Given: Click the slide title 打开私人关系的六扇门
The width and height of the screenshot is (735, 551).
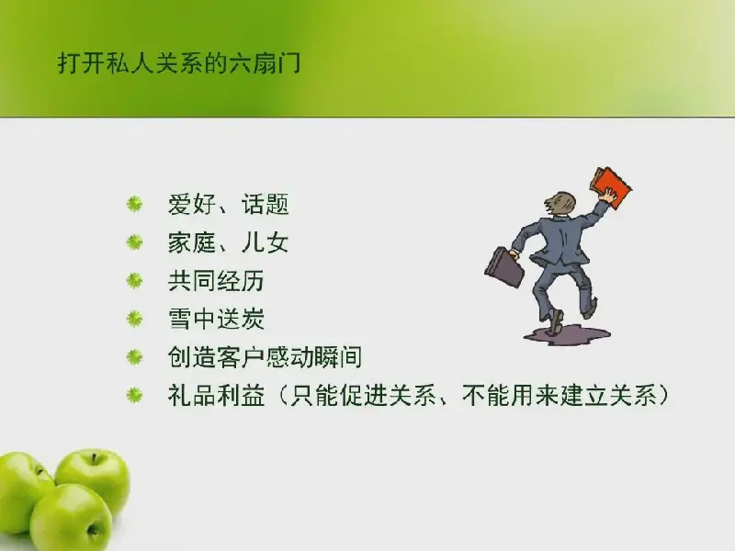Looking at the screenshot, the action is pos(178,63).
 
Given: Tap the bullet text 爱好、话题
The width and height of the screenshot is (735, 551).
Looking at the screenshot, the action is pos(228,204).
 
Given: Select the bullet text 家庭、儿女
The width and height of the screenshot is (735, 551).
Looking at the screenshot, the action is pos(228,242).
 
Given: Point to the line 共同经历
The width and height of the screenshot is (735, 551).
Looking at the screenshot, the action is pos(216,281).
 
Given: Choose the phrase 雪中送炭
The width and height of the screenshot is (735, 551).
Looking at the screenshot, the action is pos(216,319).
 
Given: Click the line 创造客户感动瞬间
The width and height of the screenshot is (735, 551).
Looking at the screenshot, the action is pos(265,357).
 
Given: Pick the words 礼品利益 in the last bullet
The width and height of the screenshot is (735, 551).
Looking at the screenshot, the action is pos(216,396).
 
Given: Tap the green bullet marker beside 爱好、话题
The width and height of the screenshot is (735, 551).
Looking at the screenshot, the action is pos(134,204).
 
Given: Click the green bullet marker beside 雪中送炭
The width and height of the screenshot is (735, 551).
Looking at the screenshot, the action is pos(134,319).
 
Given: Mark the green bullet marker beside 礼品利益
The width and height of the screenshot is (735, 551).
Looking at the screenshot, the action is pos(134,396).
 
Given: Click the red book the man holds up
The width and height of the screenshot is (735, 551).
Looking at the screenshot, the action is pos(611,186).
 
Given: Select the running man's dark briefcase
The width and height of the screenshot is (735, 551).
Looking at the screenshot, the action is pos(504,267).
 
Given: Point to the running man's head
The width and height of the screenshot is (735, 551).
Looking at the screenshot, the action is pos(560,204).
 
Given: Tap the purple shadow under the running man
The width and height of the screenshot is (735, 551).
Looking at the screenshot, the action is pos(567,335).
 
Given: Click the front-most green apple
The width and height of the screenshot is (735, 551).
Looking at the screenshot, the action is pos(71,518).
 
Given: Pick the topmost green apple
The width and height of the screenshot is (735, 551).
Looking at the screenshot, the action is pos(93,477).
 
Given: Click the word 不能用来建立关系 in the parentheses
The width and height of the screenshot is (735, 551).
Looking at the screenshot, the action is pos(560,396).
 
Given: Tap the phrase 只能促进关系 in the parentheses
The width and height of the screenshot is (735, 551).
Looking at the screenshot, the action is pos(363,396).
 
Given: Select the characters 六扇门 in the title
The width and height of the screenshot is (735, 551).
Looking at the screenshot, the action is pos(264,63).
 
